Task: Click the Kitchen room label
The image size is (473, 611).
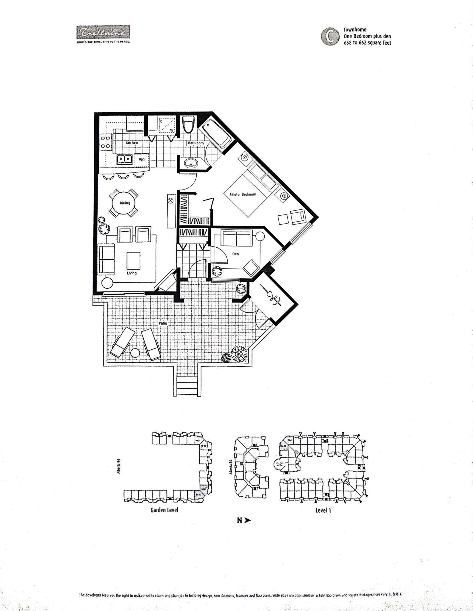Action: tap(132, 143)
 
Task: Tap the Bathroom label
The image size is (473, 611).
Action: tap(196, 143)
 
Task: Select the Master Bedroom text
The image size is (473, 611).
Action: tap(243, 194)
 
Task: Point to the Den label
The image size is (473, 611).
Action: tap(235, 254)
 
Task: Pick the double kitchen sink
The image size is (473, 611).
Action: tap(125, 159)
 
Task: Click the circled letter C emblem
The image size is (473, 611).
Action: tap(330, 36)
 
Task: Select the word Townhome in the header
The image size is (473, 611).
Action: tap(355, 30)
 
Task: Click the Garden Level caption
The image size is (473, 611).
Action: tap(164, 510)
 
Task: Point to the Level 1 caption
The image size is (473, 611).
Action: tap(323, 510)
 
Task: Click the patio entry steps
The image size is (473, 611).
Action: tap(187, 386)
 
